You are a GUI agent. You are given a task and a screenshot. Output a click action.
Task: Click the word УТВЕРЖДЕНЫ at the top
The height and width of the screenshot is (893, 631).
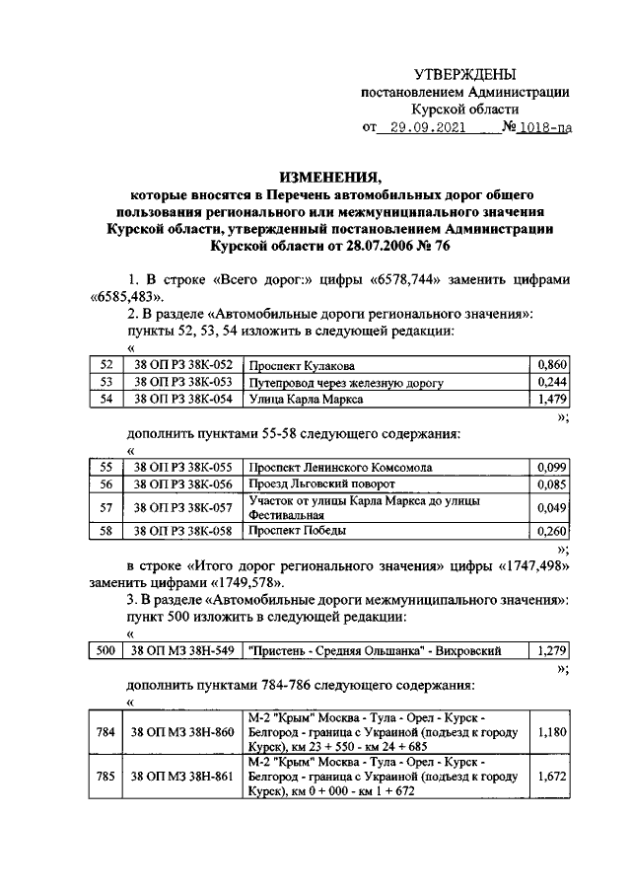(x=463, y=75)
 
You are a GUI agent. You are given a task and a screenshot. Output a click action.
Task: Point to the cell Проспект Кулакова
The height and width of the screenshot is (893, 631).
(x=302, y=365)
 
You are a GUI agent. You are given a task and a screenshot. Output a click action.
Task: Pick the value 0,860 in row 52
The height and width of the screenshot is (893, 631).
(x=552, y=365)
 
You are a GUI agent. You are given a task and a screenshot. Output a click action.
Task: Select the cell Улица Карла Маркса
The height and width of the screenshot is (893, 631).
(x=306, y=399)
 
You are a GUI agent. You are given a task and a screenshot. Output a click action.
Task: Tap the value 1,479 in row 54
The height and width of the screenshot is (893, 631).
(x=552, y=399)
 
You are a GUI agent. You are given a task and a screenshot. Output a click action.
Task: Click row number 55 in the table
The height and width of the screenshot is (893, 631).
(x=106, y=467)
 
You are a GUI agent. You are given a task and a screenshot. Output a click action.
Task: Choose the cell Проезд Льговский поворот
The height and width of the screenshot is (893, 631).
(x=321, y=484)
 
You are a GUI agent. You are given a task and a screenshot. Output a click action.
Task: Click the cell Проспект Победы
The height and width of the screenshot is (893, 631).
(x=297, y=530)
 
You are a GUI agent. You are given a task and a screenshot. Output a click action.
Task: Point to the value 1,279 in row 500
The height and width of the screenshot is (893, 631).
(x=552, y=651)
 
